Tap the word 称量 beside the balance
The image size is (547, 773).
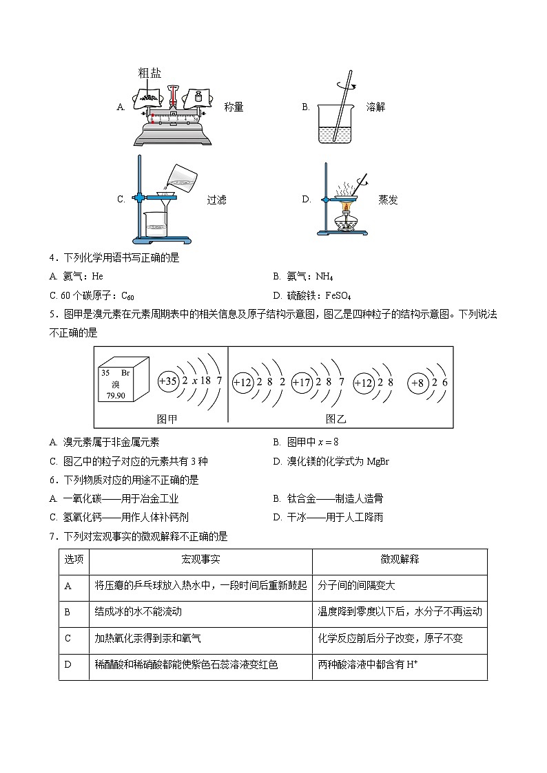point(234,107)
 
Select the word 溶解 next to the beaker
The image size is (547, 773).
point(375,107)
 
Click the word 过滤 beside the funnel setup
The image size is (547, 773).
point(216,200)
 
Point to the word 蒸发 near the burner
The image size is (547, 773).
point(388,200)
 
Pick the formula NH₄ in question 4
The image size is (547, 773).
point(324,277)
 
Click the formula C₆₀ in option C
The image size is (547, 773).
point(127,296)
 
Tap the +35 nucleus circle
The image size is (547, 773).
point(168,381)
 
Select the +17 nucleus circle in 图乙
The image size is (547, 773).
point(302,382)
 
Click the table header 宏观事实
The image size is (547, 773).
point(200,560)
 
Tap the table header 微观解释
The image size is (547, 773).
point(400,560)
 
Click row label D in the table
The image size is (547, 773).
point(68,664)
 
